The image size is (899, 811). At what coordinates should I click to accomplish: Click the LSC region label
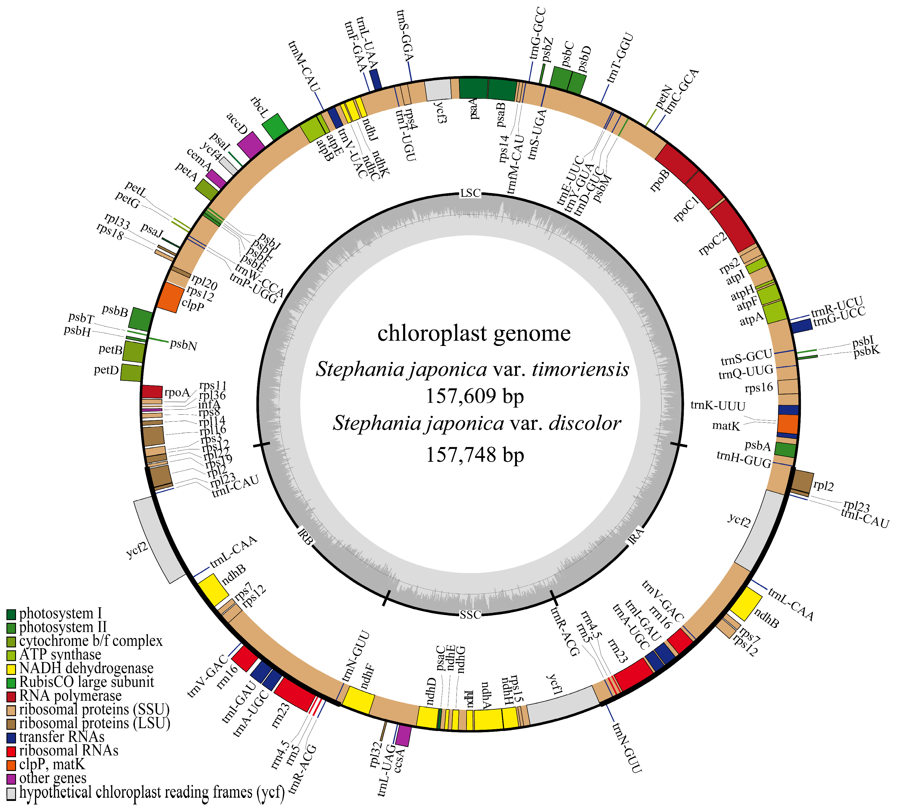[x=470, y=193]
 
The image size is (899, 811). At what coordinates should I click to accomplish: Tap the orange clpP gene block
[x=170, y=297]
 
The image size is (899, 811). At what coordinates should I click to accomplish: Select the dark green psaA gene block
[x=473, y=88]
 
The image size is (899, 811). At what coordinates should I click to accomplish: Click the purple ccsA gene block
[x=403, y=735]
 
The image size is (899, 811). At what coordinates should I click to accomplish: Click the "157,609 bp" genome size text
[x=475, y=396]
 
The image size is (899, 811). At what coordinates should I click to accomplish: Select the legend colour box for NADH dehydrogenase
[x=11, y=669]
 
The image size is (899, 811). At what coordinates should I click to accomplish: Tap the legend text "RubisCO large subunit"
[x=87, y=682]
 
